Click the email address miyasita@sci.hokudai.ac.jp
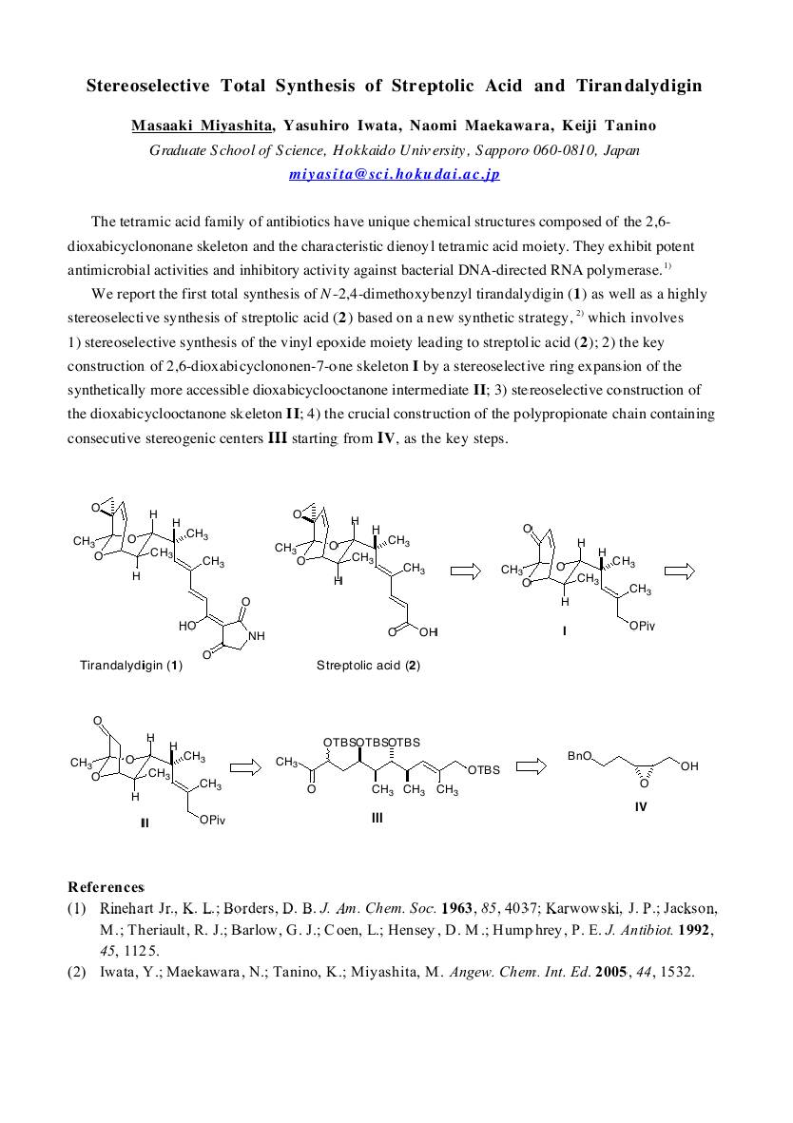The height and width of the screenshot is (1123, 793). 395,175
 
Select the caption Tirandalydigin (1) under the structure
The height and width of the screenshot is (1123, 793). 130,666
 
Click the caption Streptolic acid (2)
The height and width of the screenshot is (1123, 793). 368,666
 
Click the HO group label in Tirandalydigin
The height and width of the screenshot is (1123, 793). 187,627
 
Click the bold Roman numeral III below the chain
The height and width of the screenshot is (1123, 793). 377,817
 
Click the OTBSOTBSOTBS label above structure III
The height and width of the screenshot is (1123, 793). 372,743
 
